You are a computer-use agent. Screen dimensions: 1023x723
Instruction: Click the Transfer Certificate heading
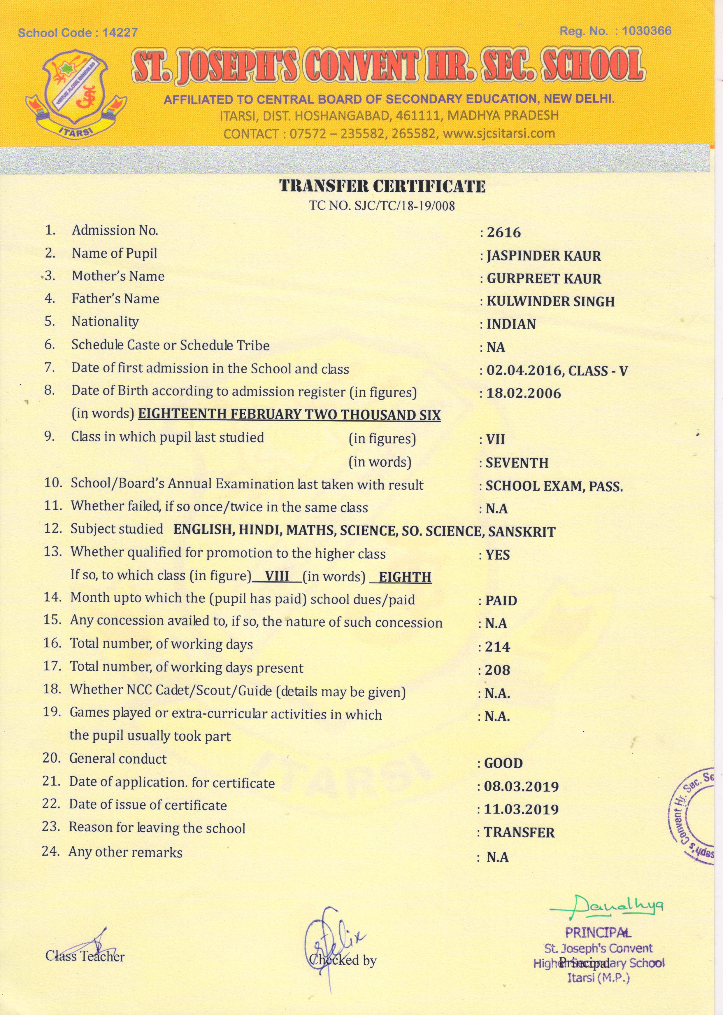pos(382,186)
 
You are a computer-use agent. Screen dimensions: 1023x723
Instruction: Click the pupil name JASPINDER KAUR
pos(544,256)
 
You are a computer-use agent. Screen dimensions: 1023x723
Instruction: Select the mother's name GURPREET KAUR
pos(544,279)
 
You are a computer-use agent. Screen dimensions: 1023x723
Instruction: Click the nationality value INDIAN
pos(511,324)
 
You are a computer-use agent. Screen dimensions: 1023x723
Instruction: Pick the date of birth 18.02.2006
pos(524,394)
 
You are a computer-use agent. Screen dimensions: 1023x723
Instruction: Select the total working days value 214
pos(497,646)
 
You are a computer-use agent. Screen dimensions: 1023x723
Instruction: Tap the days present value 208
pos(497,670)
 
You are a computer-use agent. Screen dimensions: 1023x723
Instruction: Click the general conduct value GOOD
pos(503,763)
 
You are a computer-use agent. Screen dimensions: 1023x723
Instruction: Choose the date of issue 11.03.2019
pos(521,809)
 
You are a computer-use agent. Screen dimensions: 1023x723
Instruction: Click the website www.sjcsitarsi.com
pos(499,133)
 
